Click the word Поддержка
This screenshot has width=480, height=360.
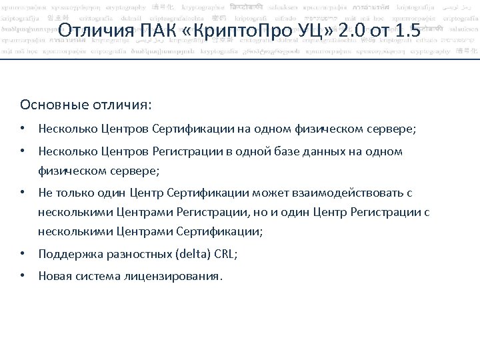coord(70,254)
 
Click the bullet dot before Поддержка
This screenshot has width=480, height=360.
coord(23,254)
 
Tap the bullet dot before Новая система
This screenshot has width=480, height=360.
coord(23,275)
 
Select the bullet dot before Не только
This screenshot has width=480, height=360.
coord(23,193)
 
